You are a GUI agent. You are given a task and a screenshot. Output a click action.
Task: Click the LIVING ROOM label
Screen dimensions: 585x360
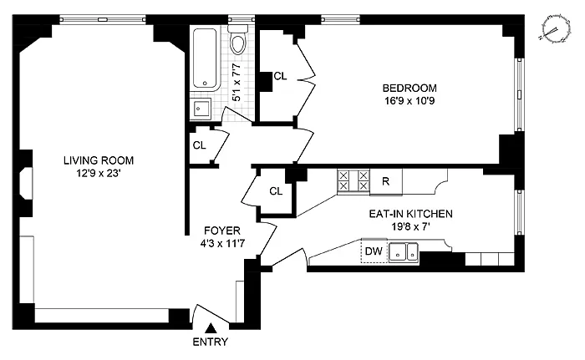(x=99, y=160)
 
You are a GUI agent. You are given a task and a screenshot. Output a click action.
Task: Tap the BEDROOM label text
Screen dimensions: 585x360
(x=409, y=88)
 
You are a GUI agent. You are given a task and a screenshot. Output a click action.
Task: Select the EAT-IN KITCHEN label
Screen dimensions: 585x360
(x=411, y=214)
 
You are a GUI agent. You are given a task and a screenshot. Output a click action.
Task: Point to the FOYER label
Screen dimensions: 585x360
(x=222, y=231)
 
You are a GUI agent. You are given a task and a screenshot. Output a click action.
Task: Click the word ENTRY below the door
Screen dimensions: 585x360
(x=210, y=342)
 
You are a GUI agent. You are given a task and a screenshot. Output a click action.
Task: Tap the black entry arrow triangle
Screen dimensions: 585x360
(x=211, y=328)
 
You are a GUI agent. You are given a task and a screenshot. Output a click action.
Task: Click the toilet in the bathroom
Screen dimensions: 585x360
(x=237, y=40)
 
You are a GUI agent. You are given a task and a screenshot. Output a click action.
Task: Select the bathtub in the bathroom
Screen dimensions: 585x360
(x=205, y=58)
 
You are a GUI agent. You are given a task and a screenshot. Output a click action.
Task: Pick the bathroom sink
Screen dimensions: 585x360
(x=201, y=109)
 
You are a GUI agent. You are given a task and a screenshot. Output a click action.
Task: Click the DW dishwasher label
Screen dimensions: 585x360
(x=374, y=251)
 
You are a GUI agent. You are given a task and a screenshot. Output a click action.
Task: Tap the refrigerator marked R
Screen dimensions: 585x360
(x=386, y=182)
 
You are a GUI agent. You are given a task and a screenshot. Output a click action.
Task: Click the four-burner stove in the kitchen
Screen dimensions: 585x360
(x=353, y=180)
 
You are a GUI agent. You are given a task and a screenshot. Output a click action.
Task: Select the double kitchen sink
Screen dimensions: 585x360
(x=404, y=251)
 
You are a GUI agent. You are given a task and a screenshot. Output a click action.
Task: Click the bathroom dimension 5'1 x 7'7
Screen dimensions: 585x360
(x=237, y=83)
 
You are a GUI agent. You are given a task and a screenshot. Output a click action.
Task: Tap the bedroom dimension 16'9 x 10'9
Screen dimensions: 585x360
(x=409, y=101)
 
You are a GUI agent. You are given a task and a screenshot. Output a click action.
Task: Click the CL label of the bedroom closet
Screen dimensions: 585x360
(x=280, y=76)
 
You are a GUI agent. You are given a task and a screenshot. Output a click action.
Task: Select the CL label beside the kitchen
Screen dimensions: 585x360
(x=276, y=191)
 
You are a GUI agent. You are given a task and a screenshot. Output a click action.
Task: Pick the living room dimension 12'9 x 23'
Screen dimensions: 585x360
(x=99, y=174)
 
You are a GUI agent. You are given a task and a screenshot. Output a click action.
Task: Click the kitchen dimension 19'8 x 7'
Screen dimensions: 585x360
(x=411, y=227)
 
